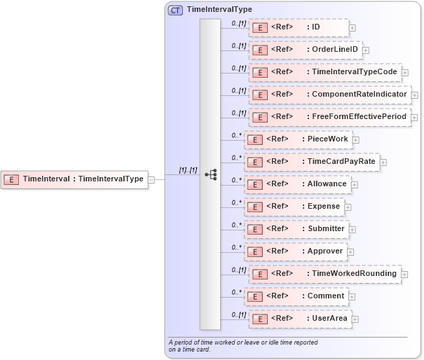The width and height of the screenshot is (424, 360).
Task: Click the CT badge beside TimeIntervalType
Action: point(175,10)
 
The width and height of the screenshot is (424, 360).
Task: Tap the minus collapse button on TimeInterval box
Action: point(151,179)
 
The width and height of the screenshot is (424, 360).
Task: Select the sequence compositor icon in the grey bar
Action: point(210,174)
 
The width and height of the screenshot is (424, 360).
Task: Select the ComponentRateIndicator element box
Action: point(329,95)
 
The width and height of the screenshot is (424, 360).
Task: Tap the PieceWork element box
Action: point(296,139)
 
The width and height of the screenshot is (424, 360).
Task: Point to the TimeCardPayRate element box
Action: point(310,162)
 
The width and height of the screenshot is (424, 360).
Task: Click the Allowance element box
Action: point(296,184)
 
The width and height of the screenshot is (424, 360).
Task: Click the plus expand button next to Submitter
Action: point(353,229)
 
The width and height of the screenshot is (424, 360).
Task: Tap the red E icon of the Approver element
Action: point(257,251)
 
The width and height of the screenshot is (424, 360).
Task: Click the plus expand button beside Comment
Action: point(353,296)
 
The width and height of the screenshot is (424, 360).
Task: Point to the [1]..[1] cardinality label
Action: point(187,169)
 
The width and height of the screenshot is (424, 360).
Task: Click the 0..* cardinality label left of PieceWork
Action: point(237,134)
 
